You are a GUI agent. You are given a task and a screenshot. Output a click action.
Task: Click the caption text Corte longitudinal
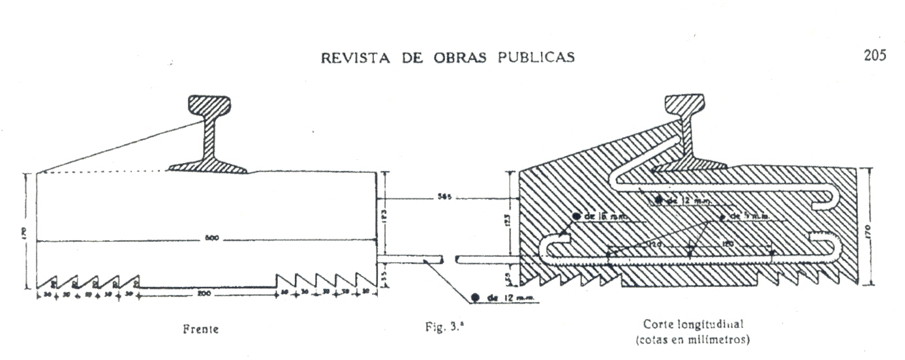[694, 323]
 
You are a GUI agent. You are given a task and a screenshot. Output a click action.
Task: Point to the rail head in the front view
[209, 105]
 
